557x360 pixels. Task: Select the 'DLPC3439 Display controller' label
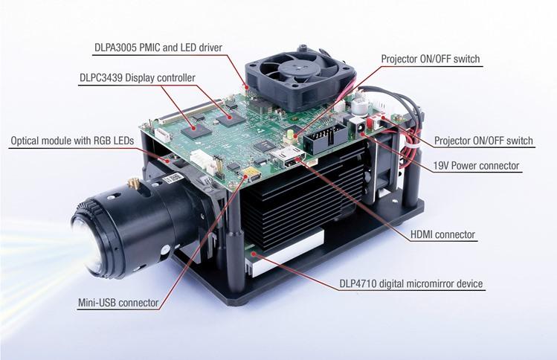[x=137, y=77]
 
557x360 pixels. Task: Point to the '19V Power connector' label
[x=477, y=165]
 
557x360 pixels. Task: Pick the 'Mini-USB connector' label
[x=117, y=303]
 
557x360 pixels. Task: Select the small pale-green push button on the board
[x=286, y=134]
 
